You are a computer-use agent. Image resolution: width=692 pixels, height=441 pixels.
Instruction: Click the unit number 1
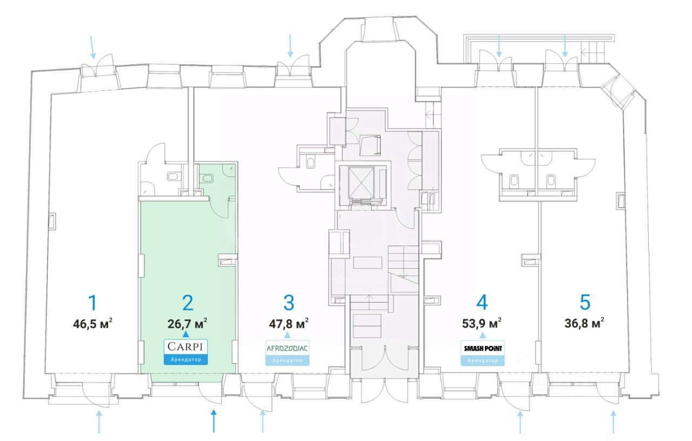(93, 303)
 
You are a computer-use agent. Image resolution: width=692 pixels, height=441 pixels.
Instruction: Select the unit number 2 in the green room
(188, 303)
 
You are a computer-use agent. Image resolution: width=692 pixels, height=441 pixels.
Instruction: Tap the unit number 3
(289, 303)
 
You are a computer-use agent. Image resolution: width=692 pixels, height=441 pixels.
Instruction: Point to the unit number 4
(482, 303)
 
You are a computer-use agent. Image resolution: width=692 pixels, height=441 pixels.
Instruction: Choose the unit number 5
(584, 303)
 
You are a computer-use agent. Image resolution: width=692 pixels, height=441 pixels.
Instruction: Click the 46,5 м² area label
(92, 324)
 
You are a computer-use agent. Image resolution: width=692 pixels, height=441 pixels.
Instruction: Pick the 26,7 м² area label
(187, 324)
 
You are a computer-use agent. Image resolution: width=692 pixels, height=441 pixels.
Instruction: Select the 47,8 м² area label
(289, 324)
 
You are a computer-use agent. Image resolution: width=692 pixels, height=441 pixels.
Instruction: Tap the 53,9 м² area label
(481, 324)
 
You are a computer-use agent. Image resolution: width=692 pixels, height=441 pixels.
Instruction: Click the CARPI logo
(186, 346)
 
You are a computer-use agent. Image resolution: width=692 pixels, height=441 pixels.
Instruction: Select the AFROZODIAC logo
(287, 348)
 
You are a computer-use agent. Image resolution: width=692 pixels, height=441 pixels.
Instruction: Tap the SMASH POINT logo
(482, 349)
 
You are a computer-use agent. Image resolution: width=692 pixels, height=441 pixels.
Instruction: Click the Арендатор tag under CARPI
(186, 359)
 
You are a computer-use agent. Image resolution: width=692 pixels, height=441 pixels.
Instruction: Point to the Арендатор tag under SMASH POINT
(482, 360)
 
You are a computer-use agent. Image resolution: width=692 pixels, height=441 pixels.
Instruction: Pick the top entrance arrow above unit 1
(94, 48)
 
